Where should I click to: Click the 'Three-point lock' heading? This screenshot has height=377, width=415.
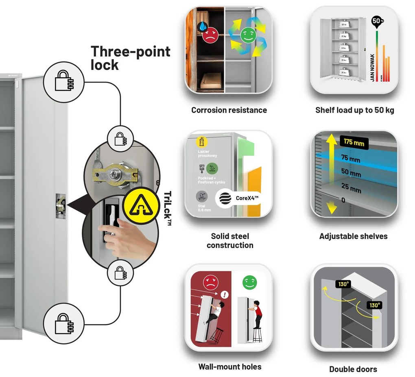click(x=130, y=58)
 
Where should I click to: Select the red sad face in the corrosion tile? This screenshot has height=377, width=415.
click(x=210, y=35)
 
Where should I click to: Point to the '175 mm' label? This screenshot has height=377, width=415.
click(x=353, y=143)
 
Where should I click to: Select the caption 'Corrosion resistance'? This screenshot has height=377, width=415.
click(x=229, y=110)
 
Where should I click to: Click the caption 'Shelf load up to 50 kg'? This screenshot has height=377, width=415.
click(x=354, y=110)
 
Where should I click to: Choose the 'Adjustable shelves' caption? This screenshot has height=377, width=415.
click(x=353, y=236)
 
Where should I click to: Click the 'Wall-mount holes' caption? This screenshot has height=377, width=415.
click(x=229, y=367)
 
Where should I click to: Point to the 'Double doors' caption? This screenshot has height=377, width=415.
click(x=353, y=369)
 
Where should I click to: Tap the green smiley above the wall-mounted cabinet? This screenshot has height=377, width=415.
click(x=247, y=282)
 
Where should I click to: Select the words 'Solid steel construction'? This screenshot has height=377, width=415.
click(x=230, y=241)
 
